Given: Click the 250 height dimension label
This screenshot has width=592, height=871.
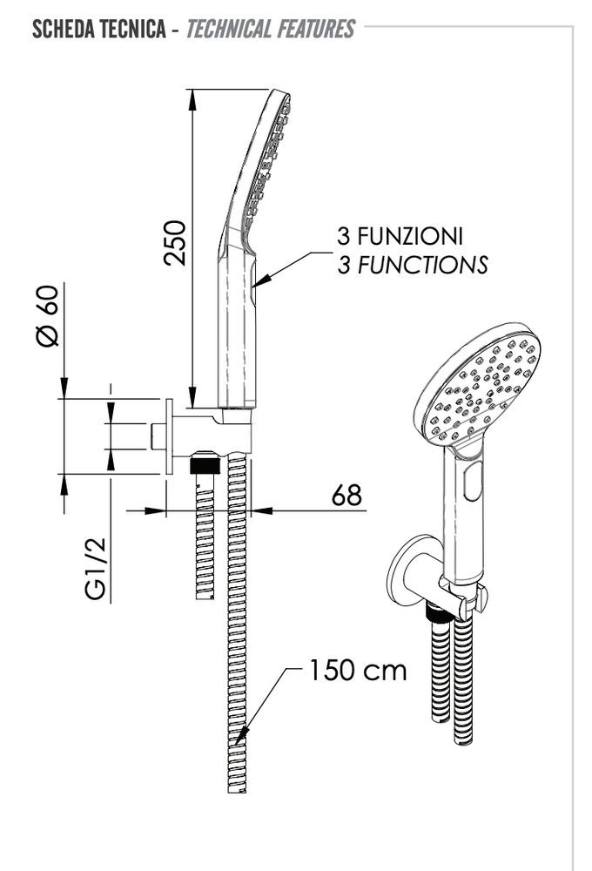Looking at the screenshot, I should pos(177,243).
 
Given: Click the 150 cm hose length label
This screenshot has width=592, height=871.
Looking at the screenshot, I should pos(357,671).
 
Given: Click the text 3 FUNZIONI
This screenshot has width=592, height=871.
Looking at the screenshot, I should pos(400,236).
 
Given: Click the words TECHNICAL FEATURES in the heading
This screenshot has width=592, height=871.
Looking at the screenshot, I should pos(270,30).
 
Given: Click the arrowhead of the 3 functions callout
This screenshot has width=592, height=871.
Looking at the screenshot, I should pos(259,281).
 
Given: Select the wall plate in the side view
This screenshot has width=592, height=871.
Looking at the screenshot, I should pos(166,437).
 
